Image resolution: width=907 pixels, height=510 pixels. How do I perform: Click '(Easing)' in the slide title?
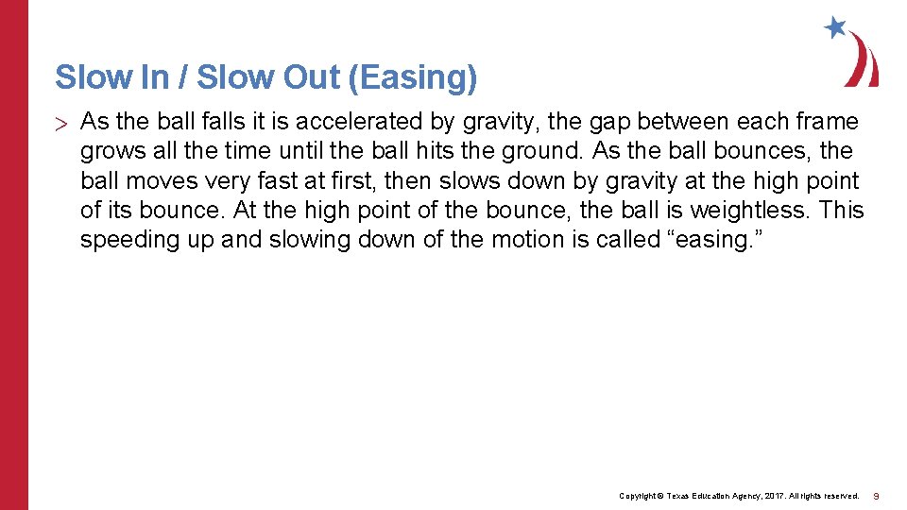pyautogui.click(x=413, y=77)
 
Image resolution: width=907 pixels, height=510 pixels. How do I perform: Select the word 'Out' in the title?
pyautogui.click(x=312, y=77)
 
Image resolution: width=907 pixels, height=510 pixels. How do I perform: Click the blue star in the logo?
pyautogui.click(x=835, y=27)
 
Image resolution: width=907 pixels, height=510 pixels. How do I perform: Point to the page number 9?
pyautogui.click(x=876, y=496)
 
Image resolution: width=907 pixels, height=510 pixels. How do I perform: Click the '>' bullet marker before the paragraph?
pyautogui.click(x=61, y=123)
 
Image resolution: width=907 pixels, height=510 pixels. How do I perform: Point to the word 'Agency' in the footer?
pyautogui.click(x=719, y=496)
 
